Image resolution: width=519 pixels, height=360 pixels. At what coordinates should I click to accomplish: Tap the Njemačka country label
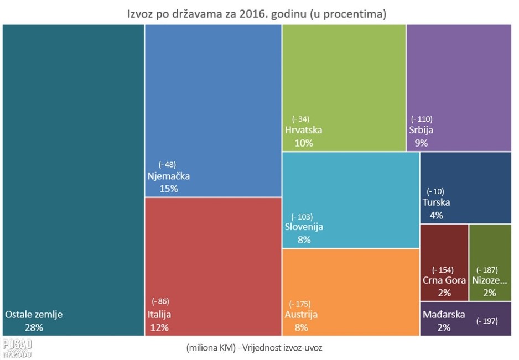(169, 176)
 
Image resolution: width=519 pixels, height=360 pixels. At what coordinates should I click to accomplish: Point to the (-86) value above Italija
(160, 301)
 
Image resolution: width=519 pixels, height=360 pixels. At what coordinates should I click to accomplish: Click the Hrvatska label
(303, 131)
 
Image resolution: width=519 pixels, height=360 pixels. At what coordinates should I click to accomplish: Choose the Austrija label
(301, 315)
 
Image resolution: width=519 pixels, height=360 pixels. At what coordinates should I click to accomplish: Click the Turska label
(436, 202)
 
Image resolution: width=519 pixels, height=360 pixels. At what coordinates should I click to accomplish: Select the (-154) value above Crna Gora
(442, 270)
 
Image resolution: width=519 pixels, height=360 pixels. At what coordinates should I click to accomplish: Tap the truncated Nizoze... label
(489, 280)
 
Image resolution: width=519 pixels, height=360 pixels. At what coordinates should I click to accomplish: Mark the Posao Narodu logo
(17, 348)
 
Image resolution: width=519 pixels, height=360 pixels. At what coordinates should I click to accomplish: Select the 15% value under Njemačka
(169, 189)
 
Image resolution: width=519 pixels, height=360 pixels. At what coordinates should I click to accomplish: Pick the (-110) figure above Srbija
(421, 119)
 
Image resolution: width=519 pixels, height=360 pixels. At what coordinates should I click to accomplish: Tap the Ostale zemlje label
(34, 315)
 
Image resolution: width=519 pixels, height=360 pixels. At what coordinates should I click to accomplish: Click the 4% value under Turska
(436, 215)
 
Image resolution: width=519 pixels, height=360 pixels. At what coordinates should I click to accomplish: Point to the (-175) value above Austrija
(300, 304)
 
